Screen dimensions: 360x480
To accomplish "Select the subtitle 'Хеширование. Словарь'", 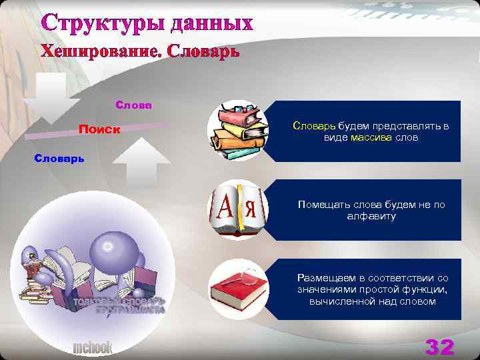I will pos(140,51).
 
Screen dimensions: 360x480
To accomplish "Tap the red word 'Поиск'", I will pos(99,129).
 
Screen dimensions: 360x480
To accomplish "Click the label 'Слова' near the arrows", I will pos(133,105).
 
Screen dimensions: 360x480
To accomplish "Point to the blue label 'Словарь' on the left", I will pos(60,158).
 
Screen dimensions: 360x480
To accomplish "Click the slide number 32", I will pos(439,347).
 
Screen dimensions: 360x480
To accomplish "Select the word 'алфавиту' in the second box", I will pos(371,217).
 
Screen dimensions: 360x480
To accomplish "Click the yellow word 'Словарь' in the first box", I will pos(314,125).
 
